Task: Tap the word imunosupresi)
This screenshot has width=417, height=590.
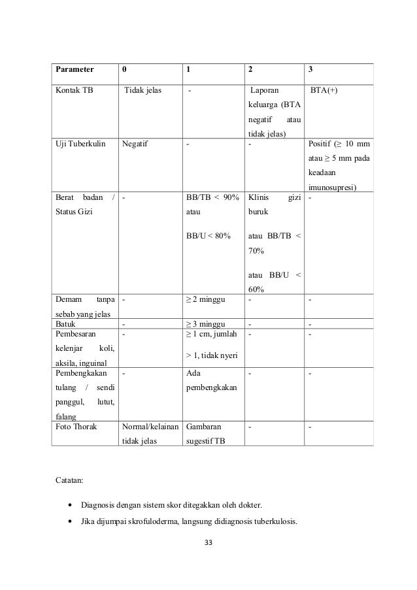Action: coord(335,188)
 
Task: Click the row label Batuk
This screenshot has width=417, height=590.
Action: coord(65,323)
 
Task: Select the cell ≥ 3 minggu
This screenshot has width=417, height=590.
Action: coord(205,323)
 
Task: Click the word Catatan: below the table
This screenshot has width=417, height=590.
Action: coord(69,483)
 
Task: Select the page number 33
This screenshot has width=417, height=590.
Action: coord(209,542)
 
